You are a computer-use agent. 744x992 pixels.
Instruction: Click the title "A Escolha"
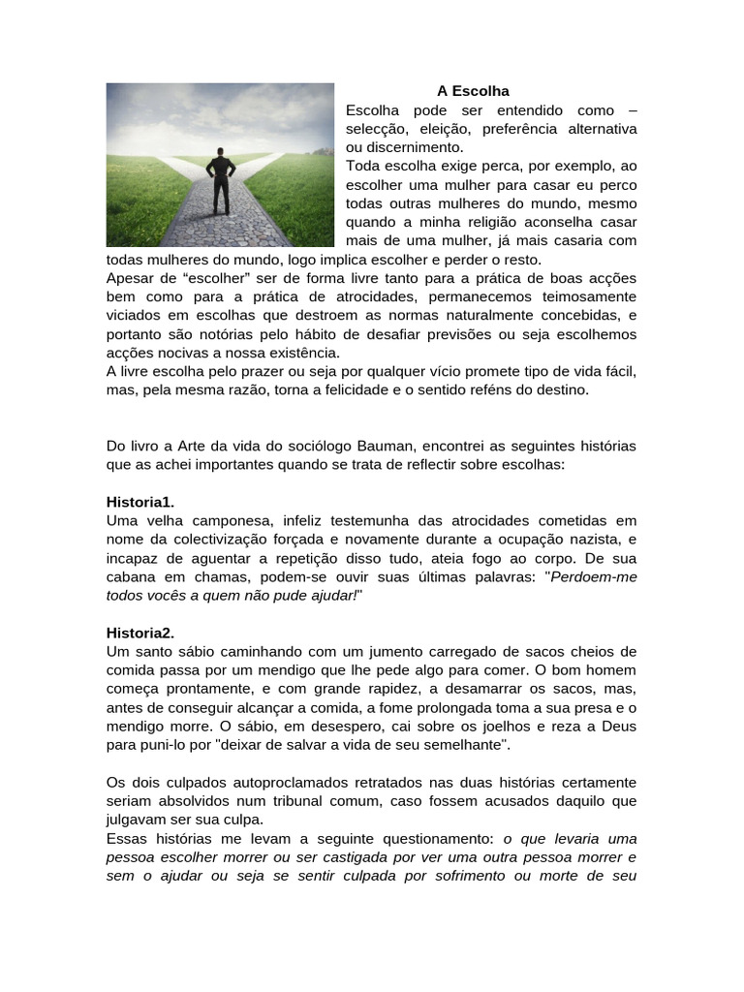tap(473, 91)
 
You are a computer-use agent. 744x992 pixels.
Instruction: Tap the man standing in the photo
tap(221, 180)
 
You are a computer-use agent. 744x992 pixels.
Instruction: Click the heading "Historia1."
tap(140, 502)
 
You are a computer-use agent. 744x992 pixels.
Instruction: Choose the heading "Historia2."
tap(140, 633)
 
